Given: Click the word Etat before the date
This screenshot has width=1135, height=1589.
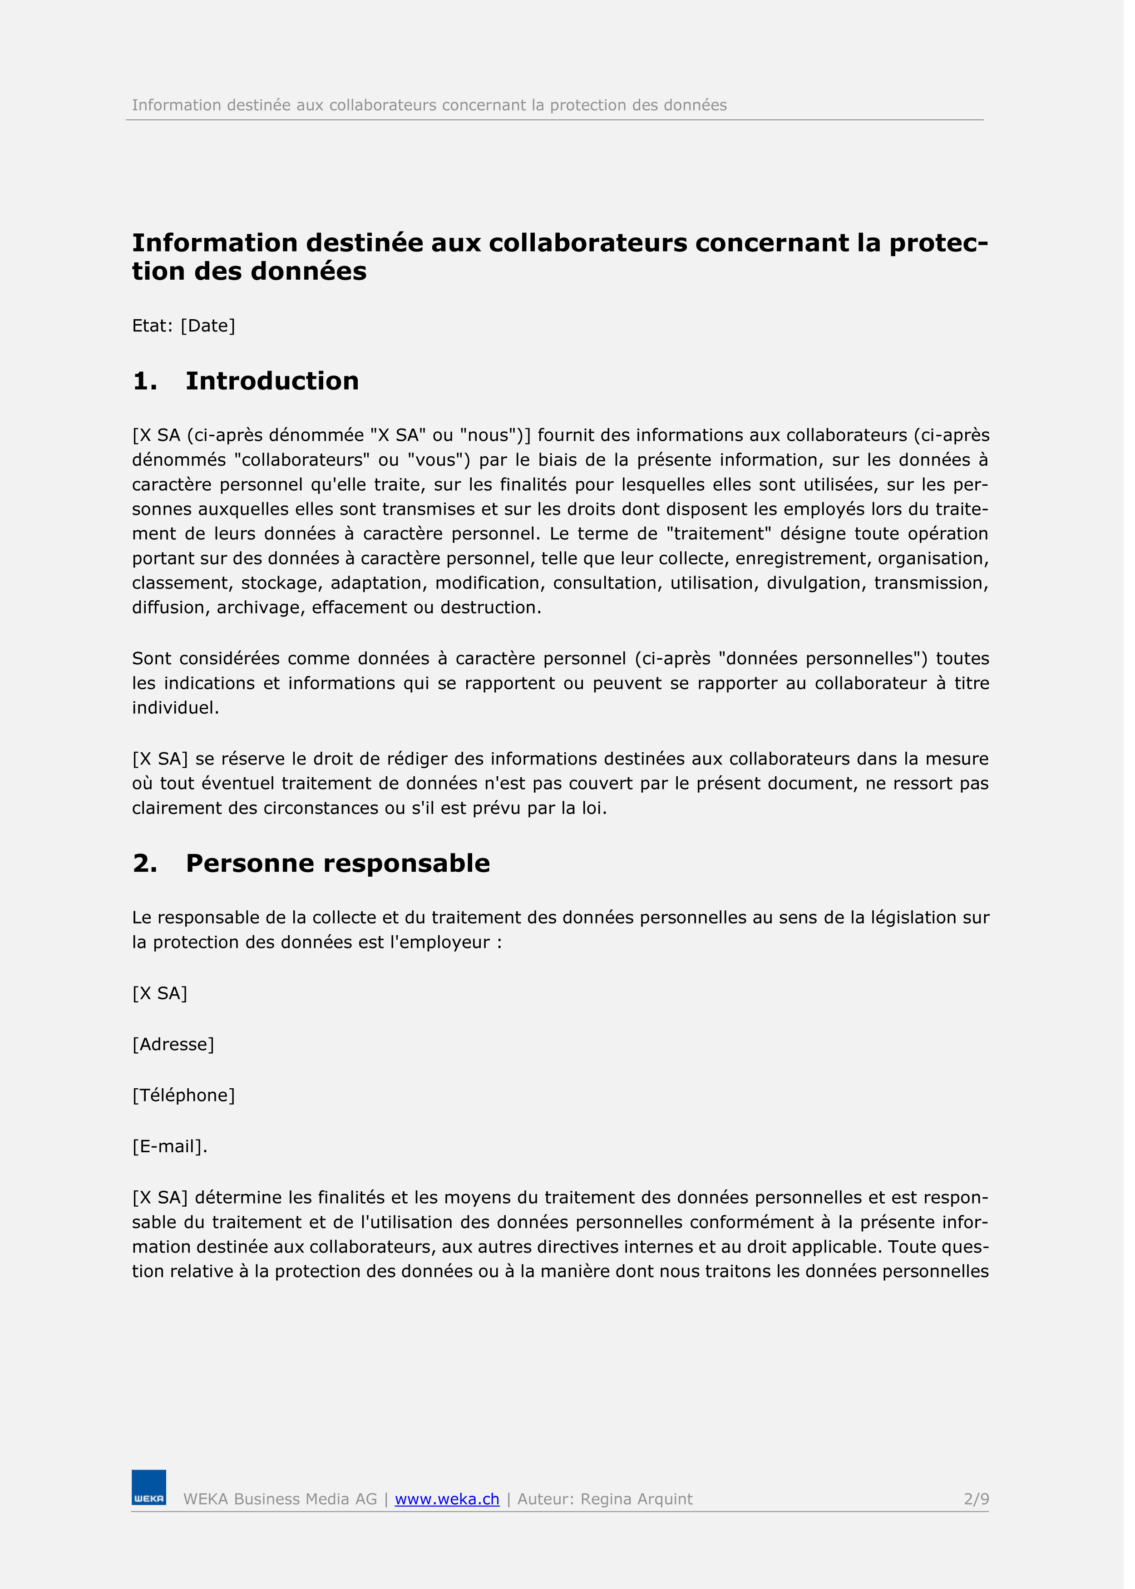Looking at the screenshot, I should (x=151, y=326).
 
